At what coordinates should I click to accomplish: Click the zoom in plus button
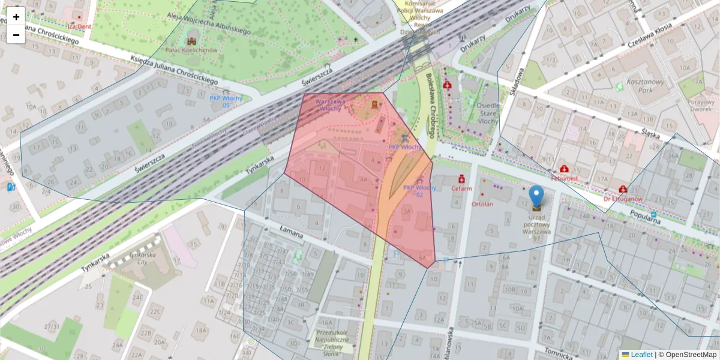(16, 17)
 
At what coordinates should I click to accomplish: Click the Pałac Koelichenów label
(191, 50)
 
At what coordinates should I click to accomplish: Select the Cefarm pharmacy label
(461, 188)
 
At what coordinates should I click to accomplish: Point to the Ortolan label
(482, 204)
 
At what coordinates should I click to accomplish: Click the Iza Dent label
(79, 26)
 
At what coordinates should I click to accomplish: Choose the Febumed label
(564, 178)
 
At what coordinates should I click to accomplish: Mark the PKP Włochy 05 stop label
(226, 101)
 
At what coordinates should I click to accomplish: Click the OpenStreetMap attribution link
(691, 355)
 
